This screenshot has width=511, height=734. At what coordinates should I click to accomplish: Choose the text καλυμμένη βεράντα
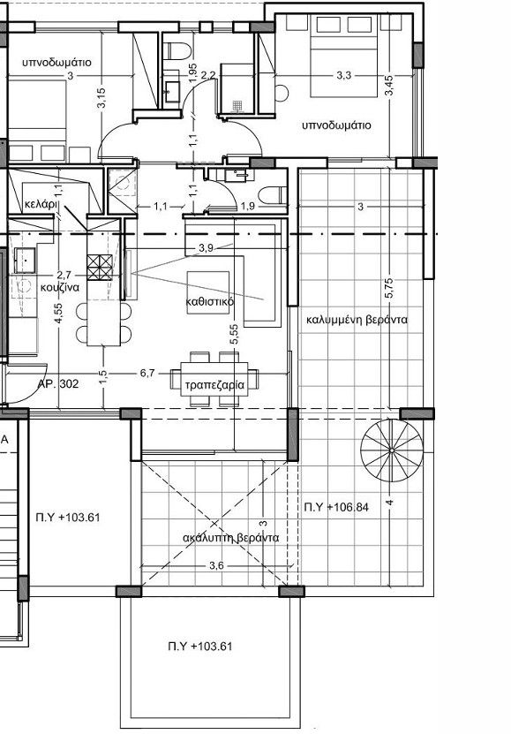357,320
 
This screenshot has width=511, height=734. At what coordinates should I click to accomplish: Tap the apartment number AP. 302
58,385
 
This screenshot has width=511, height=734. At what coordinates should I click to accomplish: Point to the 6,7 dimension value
147,373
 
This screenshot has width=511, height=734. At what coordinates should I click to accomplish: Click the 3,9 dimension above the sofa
207,247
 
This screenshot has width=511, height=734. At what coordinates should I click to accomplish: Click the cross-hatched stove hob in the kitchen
101,265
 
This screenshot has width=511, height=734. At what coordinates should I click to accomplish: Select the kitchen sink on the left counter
24,260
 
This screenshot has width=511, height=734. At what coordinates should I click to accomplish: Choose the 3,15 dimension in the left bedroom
102,98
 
